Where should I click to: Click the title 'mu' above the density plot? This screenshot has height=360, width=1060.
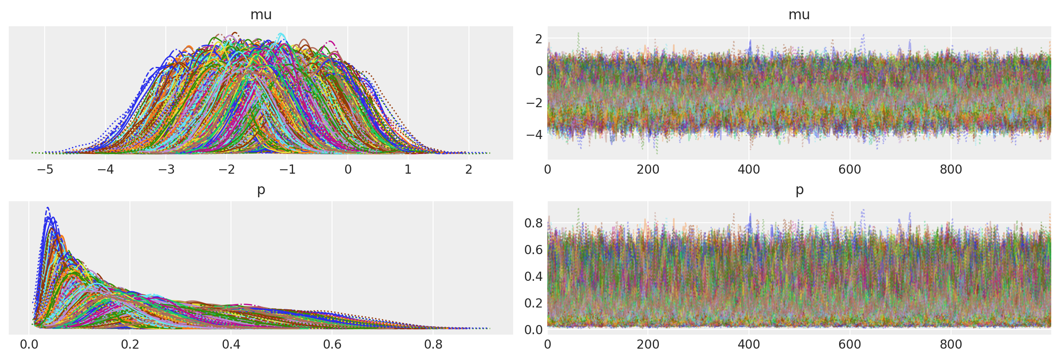point(261,15)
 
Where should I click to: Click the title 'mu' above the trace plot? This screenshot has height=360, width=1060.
point(799,15)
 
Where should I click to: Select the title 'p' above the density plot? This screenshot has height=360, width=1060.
point(261,190)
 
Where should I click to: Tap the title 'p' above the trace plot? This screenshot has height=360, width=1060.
point(799,190)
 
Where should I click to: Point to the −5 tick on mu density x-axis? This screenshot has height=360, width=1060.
point(45,169)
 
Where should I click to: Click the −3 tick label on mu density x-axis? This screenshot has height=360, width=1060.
point(166,169)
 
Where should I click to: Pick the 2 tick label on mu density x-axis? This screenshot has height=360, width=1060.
point(469,169)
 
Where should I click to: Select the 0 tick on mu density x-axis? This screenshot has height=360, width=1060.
point(348,169)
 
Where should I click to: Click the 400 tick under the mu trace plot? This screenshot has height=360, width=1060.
point(749,169)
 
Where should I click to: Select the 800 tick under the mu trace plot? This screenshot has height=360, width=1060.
point(951,169)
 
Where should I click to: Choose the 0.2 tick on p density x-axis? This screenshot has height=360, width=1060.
point(130,344)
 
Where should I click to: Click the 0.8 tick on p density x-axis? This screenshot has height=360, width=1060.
point(433,344)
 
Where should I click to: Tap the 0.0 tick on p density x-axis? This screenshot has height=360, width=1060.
point(29,344)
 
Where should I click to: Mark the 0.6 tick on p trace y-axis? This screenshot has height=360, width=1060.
point(533,250)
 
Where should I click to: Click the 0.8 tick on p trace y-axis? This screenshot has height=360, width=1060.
point(533,223)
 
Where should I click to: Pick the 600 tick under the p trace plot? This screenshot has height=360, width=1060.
point(850,344)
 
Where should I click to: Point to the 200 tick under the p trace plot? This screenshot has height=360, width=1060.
point(648,344)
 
